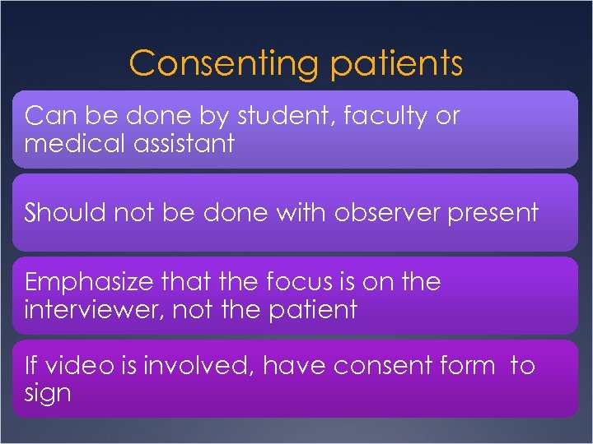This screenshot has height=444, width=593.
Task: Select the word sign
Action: click(x=48, y=393)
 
